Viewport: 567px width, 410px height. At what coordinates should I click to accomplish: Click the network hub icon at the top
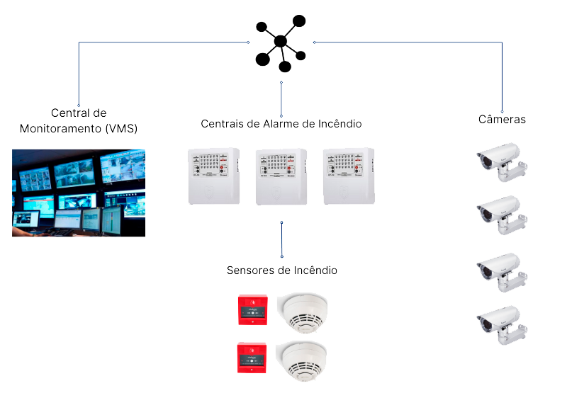pyautogui.click(x=281, y=42)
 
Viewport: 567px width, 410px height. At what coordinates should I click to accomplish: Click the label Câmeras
pyautogui.click(x=502, y=120)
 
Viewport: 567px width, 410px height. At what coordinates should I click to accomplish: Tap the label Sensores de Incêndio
pyautogui.click(x=282, y=271)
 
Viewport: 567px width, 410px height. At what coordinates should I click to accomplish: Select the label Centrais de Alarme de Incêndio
pyautogui.click(x=281, y=124)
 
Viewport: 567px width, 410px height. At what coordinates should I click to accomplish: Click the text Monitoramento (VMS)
pyautogui.click(x=78, y=130)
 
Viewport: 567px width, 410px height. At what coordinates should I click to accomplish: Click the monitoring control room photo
pyautogui.click(x=79, y=192)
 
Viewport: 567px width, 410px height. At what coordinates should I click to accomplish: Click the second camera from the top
pyautogui.click(x=501, y=214)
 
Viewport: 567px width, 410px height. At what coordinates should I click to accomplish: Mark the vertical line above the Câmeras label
pyautogui.click(x=502, y=78)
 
